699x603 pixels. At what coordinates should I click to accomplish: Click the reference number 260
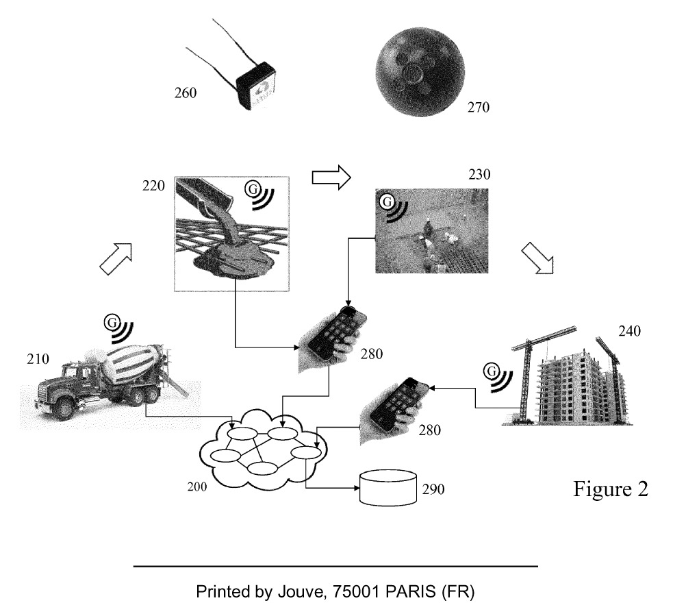click(x=184, y=92)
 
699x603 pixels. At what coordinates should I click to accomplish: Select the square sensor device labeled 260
click(x=257, y=87)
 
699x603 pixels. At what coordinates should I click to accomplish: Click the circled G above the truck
click(x=112, y=321)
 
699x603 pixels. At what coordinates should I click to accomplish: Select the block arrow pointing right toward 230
click(x=331, y=177)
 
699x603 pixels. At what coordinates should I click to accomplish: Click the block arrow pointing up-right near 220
click(x=116, y=258)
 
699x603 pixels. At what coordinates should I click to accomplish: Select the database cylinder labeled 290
click(x=388, y=488)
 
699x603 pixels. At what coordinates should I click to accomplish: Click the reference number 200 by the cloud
click(x=197, y=487)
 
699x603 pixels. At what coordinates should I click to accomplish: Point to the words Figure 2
click(x=610, y=489)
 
